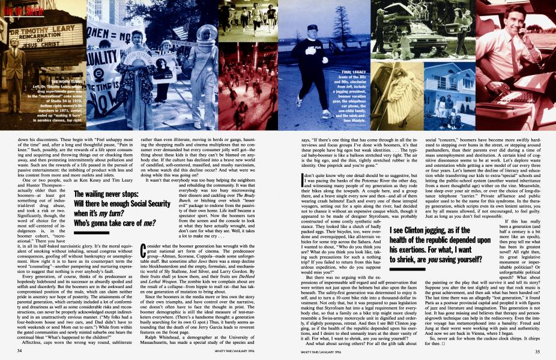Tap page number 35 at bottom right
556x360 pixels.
pos(534,350)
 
